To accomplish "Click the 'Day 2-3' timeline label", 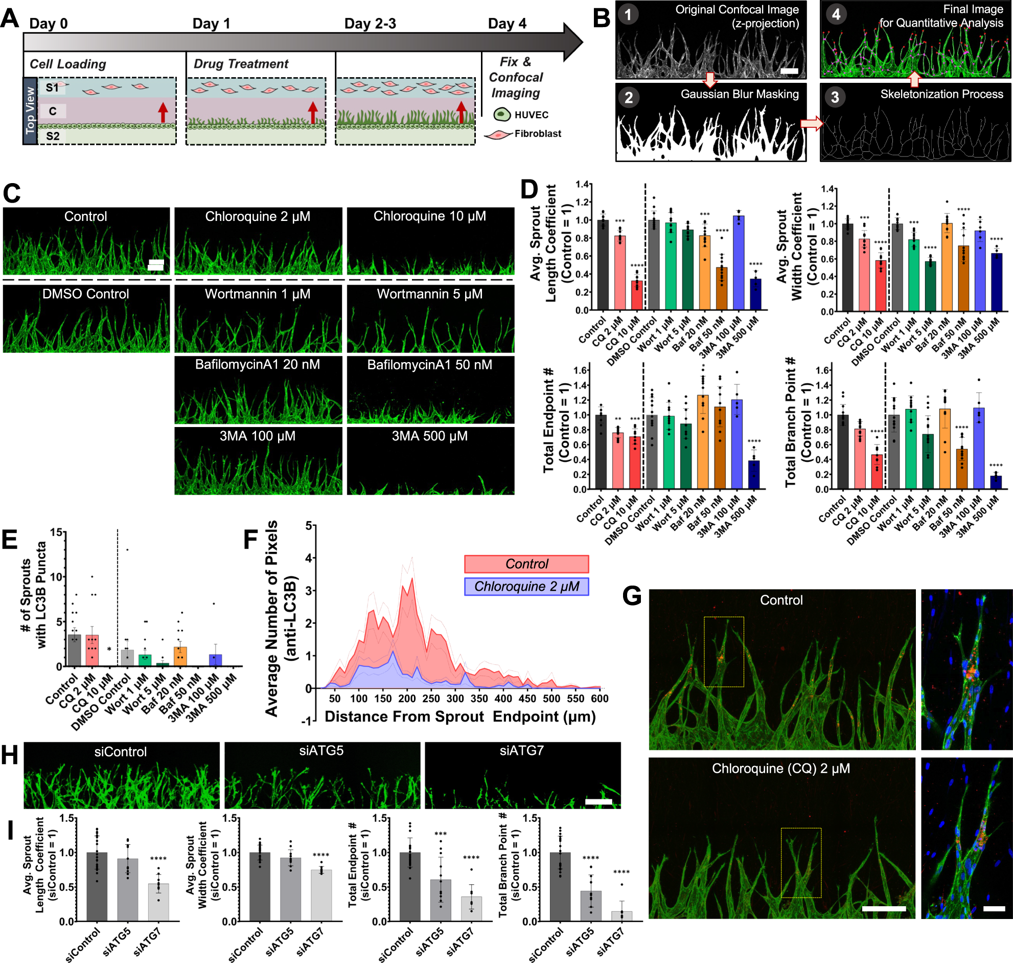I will [x=370, y=24].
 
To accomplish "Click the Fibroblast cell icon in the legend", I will [x=497, y=135].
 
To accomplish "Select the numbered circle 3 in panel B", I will [x=835, y=97].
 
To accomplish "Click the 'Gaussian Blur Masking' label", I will [x=739, y=94].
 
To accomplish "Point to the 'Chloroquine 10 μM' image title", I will [x=429, y=216].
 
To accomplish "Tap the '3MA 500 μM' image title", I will [x=429, y=436].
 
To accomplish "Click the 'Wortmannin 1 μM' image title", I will [x=258, y=294].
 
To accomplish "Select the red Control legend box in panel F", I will [x=526, y=564].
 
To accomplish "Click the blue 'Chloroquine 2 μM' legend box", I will [x=526, y=586].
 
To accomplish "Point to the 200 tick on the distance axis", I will [x=407, y=699].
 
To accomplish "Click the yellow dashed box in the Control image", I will [x=724, y=652].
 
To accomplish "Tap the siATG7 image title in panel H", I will [x=521, y=750].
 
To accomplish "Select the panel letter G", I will [x=631, y=596].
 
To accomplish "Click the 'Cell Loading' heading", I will [x=67, y=64].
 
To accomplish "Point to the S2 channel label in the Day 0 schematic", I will [x=53, y=136].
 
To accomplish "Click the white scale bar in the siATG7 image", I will [x=598, y=801].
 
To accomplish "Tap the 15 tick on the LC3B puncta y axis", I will [x=56, y=533].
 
